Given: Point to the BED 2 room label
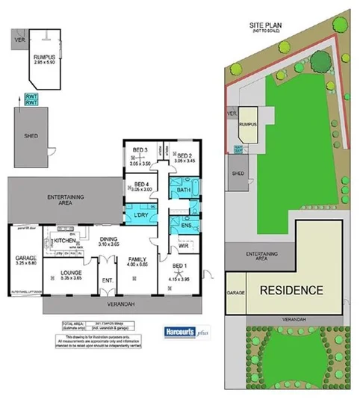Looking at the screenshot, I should (184, 155).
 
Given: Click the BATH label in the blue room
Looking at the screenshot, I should (183, 191).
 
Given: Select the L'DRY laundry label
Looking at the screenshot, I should (141, 216).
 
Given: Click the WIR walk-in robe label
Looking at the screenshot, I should (182, 245).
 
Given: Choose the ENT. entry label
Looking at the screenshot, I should (107, 281).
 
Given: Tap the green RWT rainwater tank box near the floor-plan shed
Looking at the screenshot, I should (32, 99).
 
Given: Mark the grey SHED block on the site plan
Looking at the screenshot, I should (238, 173).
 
